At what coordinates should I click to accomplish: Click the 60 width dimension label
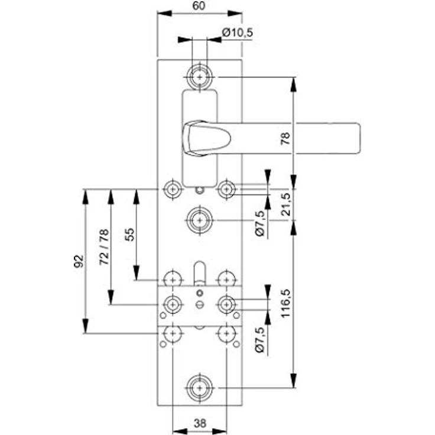pyautogui.click(x=199, y=5)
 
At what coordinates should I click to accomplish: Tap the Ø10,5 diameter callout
pyautogui.click(x=238, y=33)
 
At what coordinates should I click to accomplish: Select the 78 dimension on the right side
pyautogui.click(x=285, y=138)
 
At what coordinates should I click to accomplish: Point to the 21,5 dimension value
pyautogui.click(x=285, y=204)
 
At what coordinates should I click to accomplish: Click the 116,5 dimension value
pyautogui.click(x=285, y=303)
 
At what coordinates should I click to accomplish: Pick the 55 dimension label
pyautogui.click(x=129, y=235)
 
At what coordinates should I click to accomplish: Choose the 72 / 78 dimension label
pyautogui.click(x=104, y=247)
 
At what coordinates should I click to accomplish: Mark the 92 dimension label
pyautogui.click(x=79, y=261)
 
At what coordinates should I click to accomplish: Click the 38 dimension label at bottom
pyautogui.click(x=200, y=423)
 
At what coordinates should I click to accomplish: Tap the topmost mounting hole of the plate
pyautogui.click(x=200, y=77)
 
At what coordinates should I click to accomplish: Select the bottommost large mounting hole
pyautogui.click(x=200, y=388)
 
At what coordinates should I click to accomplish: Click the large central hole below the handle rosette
pyautogui.click(x=200, y=220)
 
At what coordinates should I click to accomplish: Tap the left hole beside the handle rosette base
pyautogui.click(x=173, y=190)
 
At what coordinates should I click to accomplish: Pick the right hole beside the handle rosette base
pyautogui.click(x=226, y=190)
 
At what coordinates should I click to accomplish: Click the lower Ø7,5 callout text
pyautogui.click(x=259, y=340)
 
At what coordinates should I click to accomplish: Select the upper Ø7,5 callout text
pyautogui.click(x=259, y=223)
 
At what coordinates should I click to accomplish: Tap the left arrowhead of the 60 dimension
pyautogui.click(x=164, y=14)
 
